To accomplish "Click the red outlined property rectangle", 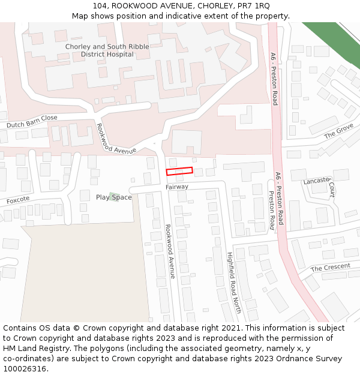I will [179, 172].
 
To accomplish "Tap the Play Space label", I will [113, 197].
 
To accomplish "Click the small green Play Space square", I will [113, 197].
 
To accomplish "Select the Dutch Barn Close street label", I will [32, 122].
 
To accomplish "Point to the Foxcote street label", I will [17, 200].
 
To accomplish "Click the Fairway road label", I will [177, 187].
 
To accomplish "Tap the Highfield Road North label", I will [233, 282].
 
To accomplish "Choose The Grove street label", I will [339, 131].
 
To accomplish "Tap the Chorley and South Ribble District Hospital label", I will [107, 50].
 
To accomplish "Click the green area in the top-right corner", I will [336, 42].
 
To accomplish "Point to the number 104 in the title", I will [100, 6].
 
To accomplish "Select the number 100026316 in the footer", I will [25, 369].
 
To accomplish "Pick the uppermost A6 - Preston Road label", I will [274, 79].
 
